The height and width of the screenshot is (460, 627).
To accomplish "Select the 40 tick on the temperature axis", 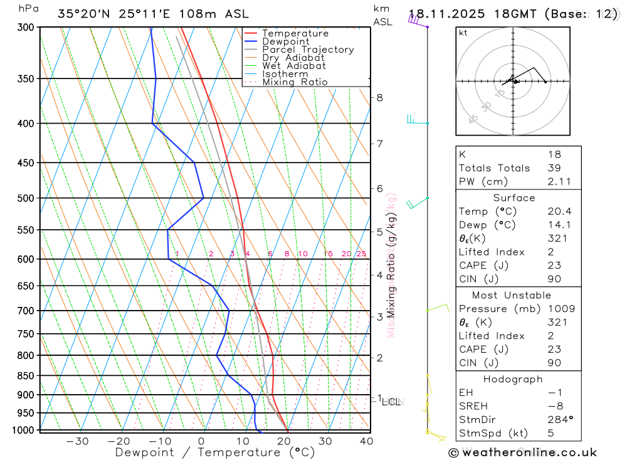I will pyautogui.click(x=366, y=441).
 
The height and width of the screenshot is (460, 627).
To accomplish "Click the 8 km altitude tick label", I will pyautogui.click(x=379, y=97).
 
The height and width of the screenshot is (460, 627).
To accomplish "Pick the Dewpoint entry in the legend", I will pyautogui.click(x=285, y=41).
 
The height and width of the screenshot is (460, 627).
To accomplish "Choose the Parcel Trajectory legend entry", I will pyautogui.click(x=308, y=50).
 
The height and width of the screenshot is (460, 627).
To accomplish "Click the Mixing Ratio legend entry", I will pyautogui.click(x=295, y=82).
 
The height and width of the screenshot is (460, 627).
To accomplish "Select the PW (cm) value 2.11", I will pyautogui.click(x=554, y=181).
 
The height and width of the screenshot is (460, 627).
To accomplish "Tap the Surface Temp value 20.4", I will pyautogui.click(x=554, y=211).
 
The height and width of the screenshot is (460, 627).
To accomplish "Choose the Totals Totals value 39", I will pyautogui.click(x=554, y=168).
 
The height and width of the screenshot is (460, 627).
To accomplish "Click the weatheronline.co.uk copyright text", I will pyautogui.click(x=522, y=452).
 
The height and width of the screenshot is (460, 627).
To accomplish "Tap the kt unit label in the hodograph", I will pyautogui.click(x=463, y=33).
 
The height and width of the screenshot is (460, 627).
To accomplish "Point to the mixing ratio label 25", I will pyautogui.click(x=361, y=254).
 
